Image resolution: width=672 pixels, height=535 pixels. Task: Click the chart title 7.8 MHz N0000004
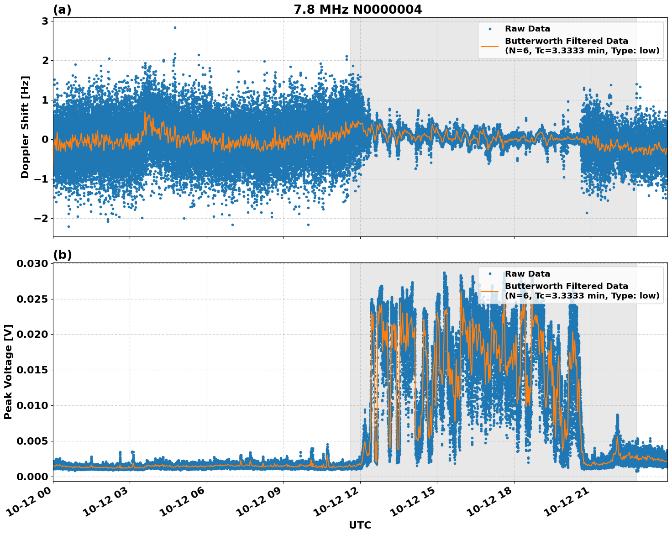coord(357,10)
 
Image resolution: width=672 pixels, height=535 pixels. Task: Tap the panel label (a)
coord(62,10)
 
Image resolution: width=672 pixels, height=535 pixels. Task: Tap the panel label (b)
coord(62,255)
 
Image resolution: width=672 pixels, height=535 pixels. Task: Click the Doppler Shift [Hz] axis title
coord(25,127)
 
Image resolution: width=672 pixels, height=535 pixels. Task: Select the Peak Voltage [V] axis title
coord(8,372)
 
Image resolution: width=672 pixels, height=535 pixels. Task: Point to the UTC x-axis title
coord(360,525)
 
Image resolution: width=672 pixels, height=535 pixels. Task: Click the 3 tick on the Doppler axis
coord(45,21)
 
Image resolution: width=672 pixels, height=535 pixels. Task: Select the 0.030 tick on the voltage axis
coord(32,264)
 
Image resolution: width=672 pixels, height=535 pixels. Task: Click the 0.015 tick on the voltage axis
coord(32,370)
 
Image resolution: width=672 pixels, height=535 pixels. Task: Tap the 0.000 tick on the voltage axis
coord(32,477)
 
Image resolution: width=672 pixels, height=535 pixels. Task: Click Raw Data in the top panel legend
coord(527,29)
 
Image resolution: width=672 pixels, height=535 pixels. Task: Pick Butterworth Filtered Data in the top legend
coord(566,41)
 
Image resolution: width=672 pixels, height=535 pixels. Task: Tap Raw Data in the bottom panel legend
coord(527,274)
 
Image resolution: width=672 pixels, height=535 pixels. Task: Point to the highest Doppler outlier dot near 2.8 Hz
coord(175,27)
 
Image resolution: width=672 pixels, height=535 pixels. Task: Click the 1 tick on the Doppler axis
coord(45,100)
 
